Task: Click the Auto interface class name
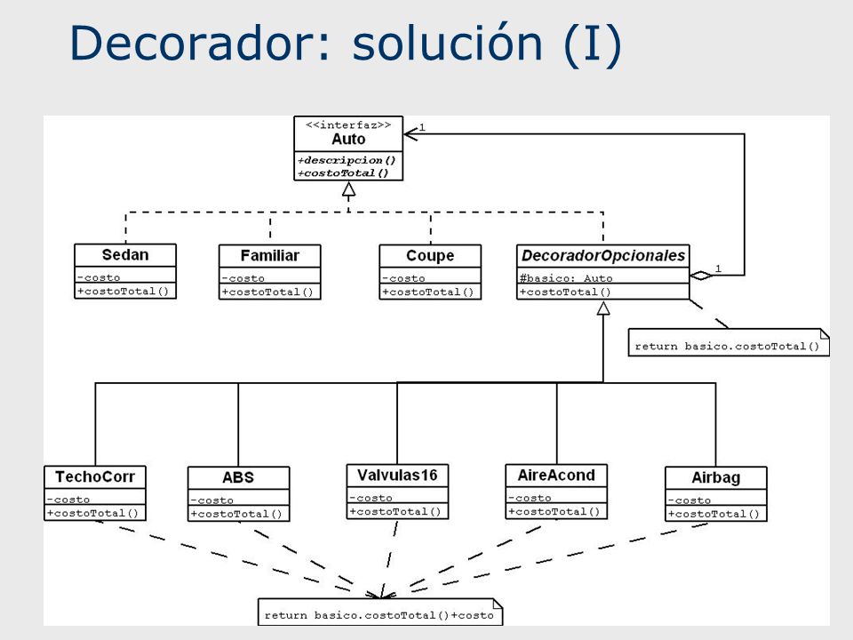(348, 140)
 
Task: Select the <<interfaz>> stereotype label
(348, 125)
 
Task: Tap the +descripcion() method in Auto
(347, 161)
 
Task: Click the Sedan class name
(125, 255)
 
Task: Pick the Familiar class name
(270, 256)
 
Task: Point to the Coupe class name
(430, 256)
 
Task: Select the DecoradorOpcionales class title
(603, 256)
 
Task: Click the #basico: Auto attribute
(566, 278)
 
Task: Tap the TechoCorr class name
(95, 476)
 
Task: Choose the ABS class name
(238, 478)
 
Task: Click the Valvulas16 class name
(397, 476)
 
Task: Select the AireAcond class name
(556, 476)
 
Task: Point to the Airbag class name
(716, 478)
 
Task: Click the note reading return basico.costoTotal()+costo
(380, 612)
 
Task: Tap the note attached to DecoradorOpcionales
(729, 342)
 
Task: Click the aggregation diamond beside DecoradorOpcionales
(701, 276)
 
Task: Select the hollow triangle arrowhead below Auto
(348, 189)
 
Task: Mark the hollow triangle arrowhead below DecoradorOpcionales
(603, 308)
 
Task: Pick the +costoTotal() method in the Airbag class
(713, 514)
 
